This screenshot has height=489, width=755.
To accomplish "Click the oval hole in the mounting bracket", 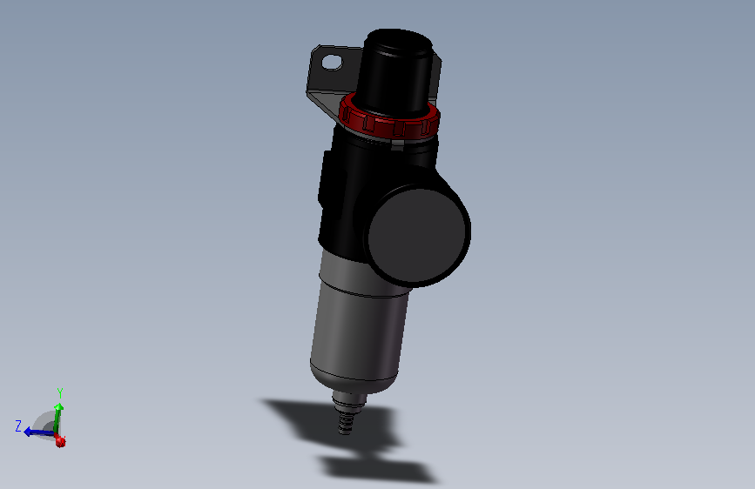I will (332, 63).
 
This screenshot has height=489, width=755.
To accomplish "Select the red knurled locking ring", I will (389, 120).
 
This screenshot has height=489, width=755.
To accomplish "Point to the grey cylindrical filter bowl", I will (360, 322).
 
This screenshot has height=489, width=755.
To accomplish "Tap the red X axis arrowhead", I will (61, 442).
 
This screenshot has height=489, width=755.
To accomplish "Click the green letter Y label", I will (59, 392).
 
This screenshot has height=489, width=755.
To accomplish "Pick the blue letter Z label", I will (18, 426).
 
